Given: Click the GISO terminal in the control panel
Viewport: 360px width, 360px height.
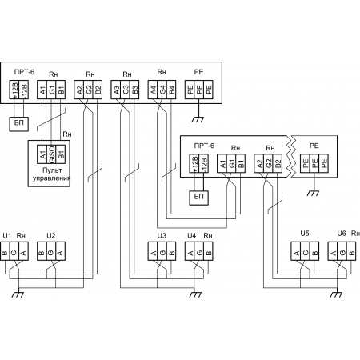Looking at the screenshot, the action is point(51,154).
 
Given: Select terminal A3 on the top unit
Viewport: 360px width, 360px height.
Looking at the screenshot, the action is point(116,90).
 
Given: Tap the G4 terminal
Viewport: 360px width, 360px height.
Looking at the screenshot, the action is point(162,90).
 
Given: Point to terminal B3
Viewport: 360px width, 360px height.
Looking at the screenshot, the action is point(134,90).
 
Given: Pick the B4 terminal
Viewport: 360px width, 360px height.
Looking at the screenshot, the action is point(171,90).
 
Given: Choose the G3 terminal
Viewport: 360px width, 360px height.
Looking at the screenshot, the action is point(125,90).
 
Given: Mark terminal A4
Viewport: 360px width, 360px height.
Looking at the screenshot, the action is point(153,90).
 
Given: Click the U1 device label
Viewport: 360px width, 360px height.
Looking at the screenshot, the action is point(7,236).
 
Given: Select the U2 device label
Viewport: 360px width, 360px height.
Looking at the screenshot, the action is point(51,236).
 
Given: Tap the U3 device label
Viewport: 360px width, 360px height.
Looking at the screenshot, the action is point(162,236).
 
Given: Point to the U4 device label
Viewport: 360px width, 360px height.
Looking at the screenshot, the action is point(191,236).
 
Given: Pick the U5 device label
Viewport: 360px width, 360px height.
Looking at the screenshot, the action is point(305,234).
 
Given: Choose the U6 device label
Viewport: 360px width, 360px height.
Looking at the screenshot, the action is point(342,234).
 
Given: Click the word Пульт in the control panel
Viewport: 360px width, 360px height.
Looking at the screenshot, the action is point(52,170).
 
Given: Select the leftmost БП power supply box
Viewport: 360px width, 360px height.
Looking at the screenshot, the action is point(19,124).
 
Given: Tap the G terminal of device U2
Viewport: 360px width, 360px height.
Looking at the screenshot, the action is point(51,251).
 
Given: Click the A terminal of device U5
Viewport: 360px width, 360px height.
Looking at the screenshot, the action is point(296,251).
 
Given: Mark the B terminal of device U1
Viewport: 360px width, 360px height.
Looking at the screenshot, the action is point(5,251).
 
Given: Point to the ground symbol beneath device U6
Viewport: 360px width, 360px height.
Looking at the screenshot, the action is point(336,294).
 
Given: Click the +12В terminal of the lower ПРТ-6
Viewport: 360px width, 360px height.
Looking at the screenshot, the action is point(194,163).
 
